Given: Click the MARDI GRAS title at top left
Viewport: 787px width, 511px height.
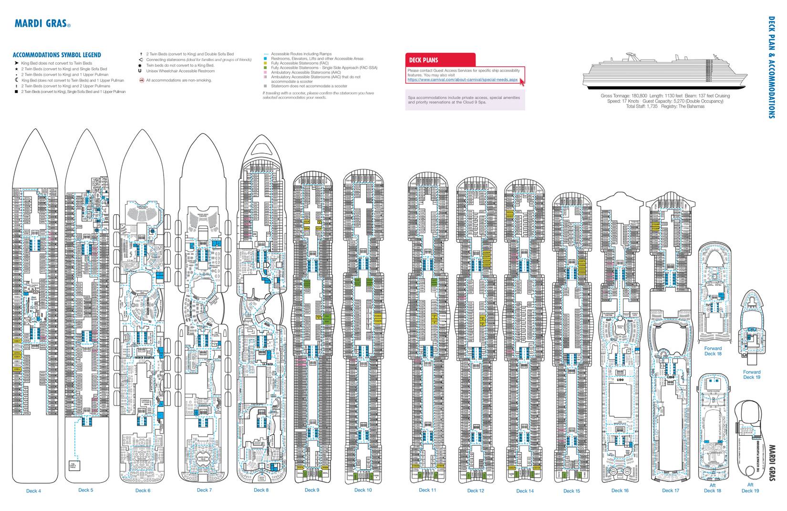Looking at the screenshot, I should (x=42, y=23).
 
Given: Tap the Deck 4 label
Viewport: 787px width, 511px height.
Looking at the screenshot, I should (x=33, y=491).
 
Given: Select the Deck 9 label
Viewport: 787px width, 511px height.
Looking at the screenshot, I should (x=312, y=490).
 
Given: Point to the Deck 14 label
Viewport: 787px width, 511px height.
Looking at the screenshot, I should (x=525, y=491).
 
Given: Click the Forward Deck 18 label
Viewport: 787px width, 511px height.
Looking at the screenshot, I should (x=713, y=351).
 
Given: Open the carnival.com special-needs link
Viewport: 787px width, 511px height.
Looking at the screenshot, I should (x=462, y=80).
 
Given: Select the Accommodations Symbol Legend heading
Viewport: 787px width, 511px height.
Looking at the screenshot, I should (x=57, y=55).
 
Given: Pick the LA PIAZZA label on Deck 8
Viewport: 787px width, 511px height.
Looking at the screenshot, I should (x=267, y=364).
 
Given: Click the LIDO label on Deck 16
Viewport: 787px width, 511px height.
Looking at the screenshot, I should (x=620, y=380).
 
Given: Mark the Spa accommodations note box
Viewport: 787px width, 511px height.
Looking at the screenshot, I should (x=465, y=100).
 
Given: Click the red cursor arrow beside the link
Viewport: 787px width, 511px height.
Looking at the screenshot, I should (x=522, y=82).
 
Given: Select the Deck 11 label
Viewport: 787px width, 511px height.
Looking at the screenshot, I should (x=427, y=490).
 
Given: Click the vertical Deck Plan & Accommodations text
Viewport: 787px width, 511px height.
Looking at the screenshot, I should (x=771, y=67).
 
